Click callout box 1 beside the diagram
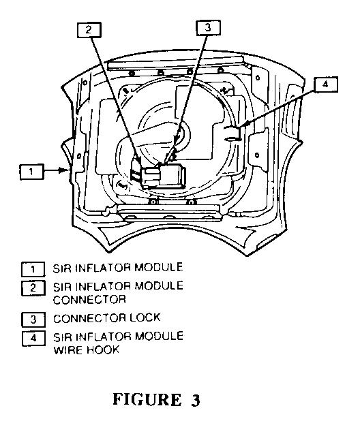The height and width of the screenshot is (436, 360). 31,172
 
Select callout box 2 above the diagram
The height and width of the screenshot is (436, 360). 89,30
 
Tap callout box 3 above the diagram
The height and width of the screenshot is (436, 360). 209,28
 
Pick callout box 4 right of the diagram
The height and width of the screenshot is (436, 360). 326,84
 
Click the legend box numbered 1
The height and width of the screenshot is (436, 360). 33,269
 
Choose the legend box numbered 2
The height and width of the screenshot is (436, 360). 33,287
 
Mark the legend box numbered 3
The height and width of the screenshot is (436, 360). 33,320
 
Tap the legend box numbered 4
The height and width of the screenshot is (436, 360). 33,339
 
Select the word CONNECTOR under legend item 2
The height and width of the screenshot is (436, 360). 89,300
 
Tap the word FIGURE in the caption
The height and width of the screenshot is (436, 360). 147,400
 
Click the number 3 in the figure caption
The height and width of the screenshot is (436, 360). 196,400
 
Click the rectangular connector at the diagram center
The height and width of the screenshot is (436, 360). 164,176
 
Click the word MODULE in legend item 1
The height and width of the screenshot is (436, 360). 159,267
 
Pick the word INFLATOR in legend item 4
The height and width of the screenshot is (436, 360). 103,337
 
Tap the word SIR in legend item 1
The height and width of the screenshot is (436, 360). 63,268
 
